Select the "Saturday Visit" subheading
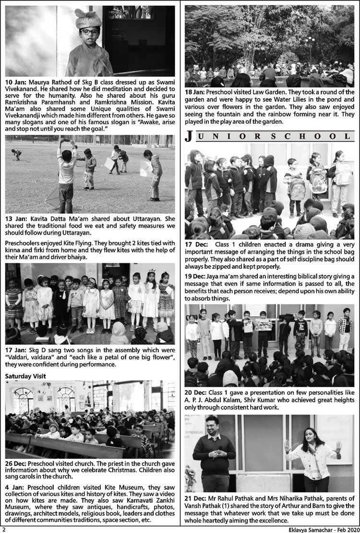25,376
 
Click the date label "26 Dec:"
16,464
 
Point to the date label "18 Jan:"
195,92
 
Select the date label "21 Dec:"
196,498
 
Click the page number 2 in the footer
3,529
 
